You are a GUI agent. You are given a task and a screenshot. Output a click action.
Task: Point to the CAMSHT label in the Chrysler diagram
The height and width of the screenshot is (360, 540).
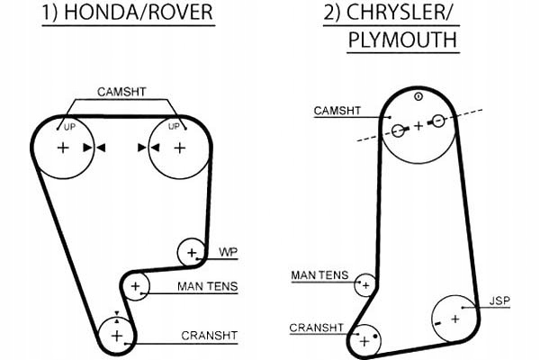(x=337, y=111)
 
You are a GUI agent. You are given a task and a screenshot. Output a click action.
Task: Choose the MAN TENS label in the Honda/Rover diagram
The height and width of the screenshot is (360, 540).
(x=208, y=287)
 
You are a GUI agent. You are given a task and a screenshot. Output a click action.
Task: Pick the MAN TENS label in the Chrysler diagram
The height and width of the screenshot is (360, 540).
(x=319, y=274)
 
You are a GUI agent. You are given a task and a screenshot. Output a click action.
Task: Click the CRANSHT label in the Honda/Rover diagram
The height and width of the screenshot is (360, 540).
(x=209, y=336)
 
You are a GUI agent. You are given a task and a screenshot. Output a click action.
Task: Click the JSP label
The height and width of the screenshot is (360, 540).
(x=500, y=299)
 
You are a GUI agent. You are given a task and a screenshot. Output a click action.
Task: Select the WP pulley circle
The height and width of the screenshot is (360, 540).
(x=191, y=252)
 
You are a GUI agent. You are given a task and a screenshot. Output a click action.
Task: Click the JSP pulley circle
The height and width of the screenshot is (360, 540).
(x=456, y=318)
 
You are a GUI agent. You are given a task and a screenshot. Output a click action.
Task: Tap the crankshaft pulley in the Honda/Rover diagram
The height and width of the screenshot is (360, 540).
(x=116, y=336)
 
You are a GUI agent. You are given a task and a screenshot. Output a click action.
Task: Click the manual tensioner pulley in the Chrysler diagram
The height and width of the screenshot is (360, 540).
(x=364, y=285)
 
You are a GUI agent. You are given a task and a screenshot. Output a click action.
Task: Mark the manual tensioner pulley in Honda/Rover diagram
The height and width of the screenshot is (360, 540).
(x=135, y=287)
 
